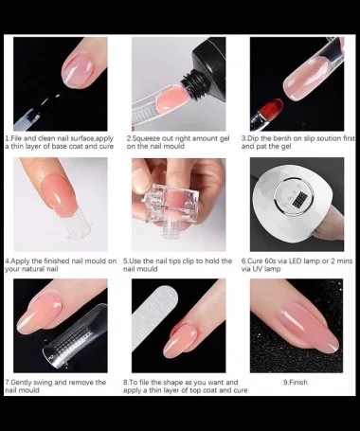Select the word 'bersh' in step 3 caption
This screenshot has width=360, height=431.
(x=282, y=138)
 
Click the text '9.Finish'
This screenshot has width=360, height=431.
(x=296, y=382)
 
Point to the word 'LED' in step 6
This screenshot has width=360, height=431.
(x=310, y=260)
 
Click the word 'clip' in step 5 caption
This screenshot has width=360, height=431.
(x=188, y=261)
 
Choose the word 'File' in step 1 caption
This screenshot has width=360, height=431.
(x=16, y=138)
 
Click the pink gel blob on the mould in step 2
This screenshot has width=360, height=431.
(x=172, y=99)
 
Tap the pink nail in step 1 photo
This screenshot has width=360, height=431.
(x=78, y=70)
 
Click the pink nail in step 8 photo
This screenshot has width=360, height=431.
(x=180, y=341)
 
